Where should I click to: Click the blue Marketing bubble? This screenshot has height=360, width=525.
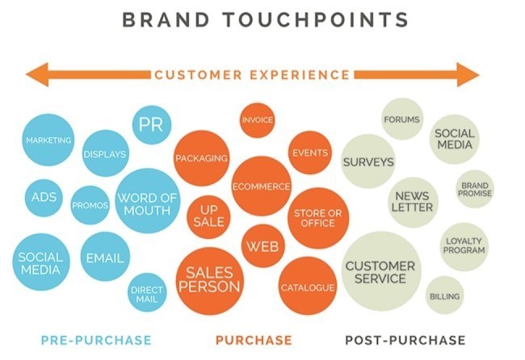(48, 140)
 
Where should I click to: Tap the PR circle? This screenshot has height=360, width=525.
(152, 125)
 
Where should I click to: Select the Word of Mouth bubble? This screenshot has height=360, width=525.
(148, 201)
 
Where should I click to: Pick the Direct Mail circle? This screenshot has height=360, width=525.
(147, 293)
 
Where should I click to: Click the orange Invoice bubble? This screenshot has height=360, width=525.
(258, 119)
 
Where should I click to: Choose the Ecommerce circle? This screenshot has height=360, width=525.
(261, 186)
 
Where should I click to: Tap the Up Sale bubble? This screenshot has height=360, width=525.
(208, 217)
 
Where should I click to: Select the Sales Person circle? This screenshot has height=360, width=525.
(210, 281)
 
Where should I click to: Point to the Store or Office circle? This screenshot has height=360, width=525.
(318, 218)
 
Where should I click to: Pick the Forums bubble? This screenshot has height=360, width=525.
(401, 119)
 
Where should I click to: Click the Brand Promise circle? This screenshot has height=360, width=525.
(475, 189)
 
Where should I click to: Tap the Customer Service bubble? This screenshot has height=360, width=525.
(380, 271)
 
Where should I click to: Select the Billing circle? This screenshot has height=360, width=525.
(445, 295)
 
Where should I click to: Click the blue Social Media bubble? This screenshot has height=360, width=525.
(41, 262)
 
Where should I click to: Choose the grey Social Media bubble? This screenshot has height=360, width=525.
(455, 139)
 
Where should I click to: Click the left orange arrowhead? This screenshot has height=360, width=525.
(37, 74)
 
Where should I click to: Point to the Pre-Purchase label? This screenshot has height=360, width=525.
(96, 341)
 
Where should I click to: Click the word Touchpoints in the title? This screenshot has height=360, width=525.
(315, 19)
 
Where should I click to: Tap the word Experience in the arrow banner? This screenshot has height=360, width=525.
(300, 74)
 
